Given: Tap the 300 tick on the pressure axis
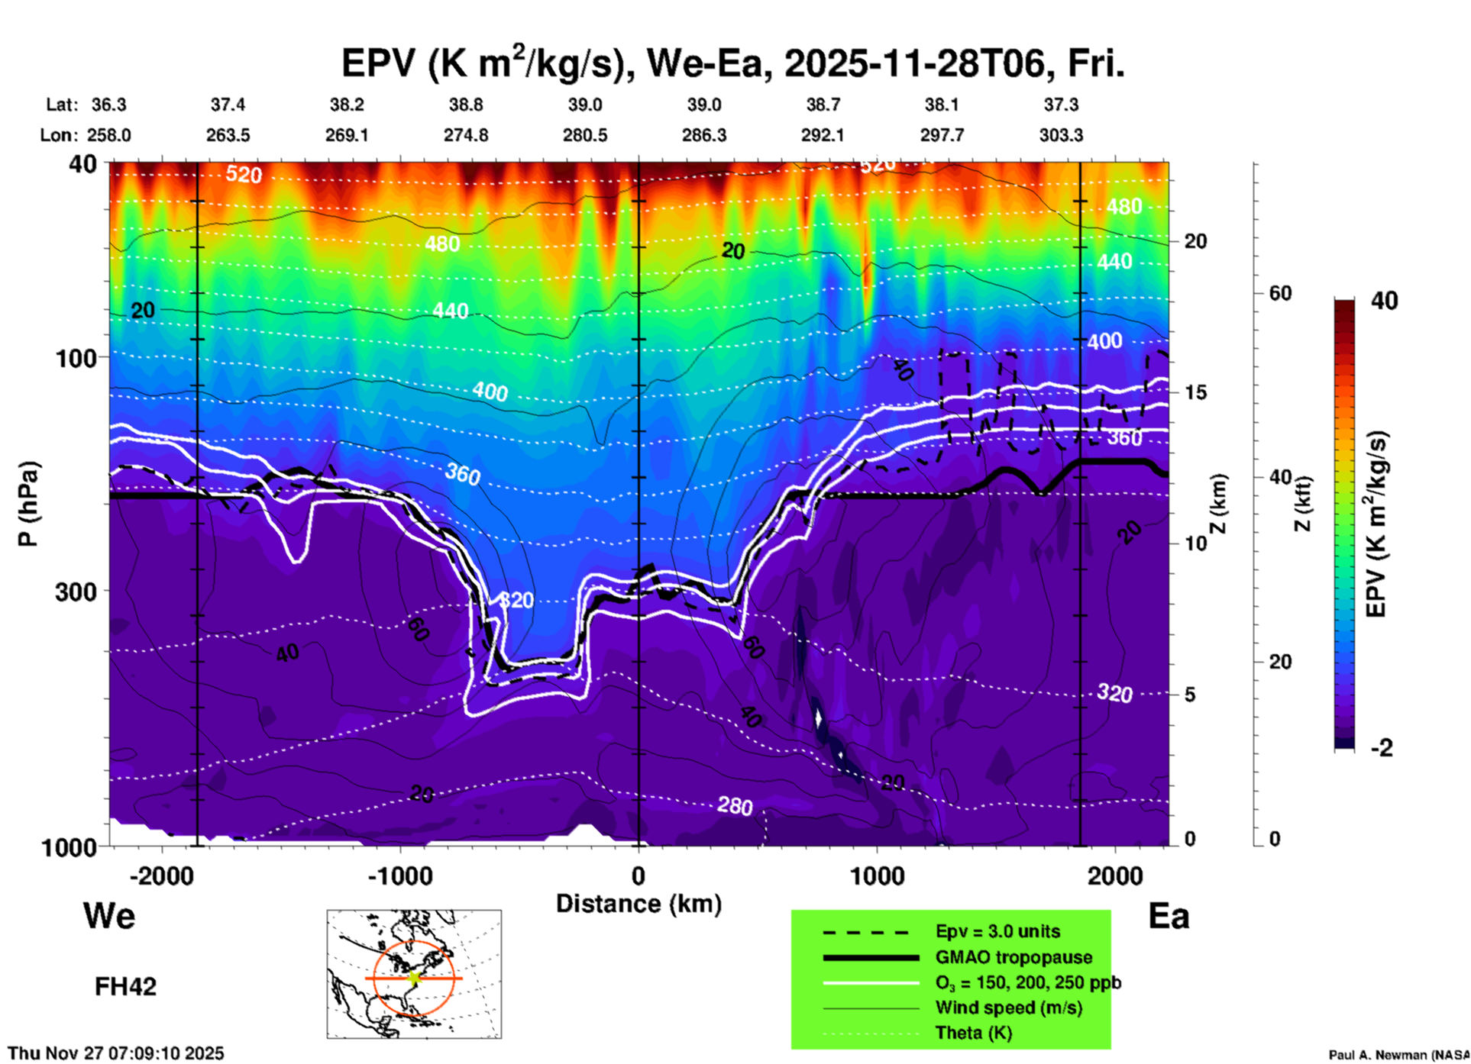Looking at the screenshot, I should (x=76, y=591).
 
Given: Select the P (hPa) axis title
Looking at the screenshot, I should (x=28, y=504).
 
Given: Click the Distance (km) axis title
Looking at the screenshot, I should (x=639, y=904).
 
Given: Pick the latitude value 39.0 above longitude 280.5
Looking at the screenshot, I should (x=585, y=105).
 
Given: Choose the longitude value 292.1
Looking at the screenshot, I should (x=823, y=135).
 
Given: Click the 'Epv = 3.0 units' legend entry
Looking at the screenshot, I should (x=997, y=932).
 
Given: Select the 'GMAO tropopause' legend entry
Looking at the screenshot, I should (x=1014, y=957).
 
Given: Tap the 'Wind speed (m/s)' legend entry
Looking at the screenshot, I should (x=1008, y=1008).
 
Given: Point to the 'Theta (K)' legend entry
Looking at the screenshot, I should (x=973, y=1033).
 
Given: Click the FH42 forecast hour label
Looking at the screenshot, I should (x=125, y=986).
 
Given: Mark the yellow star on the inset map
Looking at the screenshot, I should (x=415, y=978).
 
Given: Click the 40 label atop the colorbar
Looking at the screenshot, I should (x=1384, y=301).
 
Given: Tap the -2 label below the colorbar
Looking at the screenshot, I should (x=1382, y=748).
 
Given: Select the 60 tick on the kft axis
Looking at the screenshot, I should (x=1280, y=293).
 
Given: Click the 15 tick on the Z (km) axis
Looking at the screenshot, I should (x=1195, y=392).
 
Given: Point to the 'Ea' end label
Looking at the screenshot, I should (x=1169, y=916).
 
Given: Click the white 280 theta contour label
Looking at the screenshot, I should (x=735, y=805).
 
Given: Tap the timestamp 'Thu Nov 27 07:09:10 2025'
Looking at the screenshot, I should (x=116, y=1053).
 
